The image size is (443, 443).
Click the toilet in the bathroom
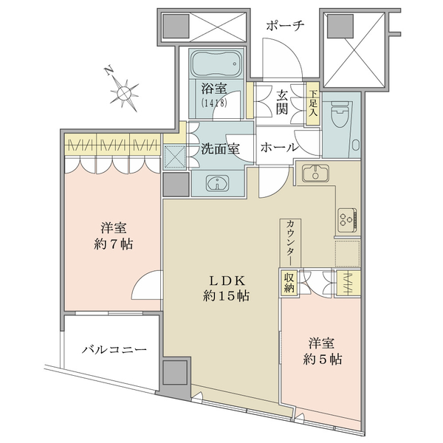pyautogui.click(x=340, y=117)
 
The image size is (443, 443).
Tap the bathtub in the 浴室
pyautogui.click(x=217, y=63)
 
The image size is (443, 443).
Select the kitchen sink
pyautogui.click(x=315, y=174)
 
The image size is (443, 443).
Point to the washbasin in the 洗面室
pyautogui.click(x=218, y=183)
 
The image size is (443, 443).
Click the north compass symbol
pyautogui.click(x=123, y=91)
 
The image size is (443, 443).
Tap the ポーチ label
pyautogui.click(x=285, y=26)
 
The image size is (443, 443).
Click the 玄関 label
pyautogui.click(x=282, y=103)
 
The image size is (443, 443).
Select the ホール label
pyautogui.click(x=279, y=148)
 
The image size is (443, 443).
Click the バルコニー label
pyautogui.click(x=114, y=350)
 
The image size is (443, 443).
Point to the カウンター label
pyautogui.click(x=290, y=242)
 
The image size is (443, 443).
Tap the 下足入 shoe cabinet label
pyautogui.click(x=313, y=103)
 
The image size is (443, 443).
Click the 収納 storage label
pyautogui.click(x=289, y=283)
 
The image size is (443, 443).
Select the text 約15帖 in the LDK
pyautogui.click(x=226, y=296)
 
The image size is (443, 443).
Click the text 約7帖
pyautogui.click(x=113, y=244)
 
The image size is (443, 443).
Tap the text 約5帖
pyautogui.click(x=323, y=360)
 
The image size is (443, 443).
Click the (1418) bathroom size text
pyautogui.click(x=214, y=103)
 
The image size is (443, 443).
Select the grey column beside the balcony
pyautogui.click(x=175, y=373)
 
